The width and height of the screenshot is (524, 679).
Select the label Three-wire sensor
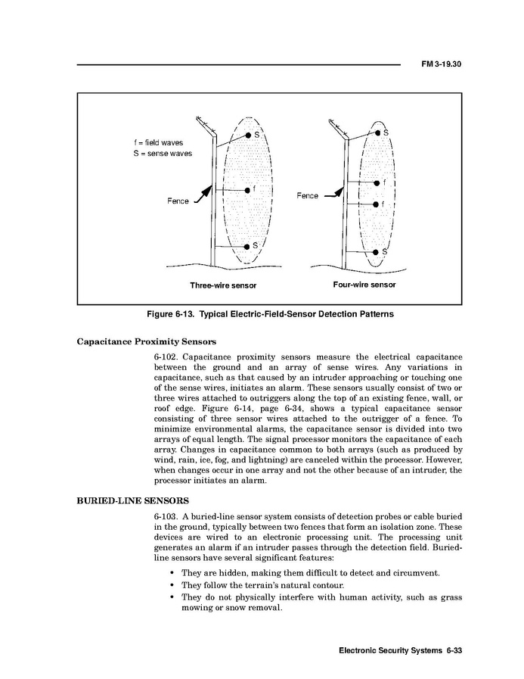(223, 285)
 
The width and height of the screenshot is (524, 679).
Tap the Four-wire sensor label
(364, 285)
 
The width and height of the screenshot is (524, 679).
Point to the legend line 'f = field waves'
(158, 142)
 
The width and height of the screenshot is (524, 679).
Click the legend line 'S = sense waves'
(162, 154)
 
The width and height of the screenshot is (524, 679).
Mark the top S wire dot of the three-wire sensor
(248, 135)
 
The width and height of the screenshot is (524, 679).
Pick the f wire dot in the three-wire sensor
(247, 190)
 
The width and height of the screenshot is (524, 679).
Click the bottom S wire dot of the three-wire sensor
(247, 247)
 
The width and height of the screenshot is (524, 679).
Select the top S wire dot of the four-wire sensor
(377, 133)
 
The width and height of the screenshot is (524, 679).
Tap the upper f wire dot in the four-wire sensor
(376, 182)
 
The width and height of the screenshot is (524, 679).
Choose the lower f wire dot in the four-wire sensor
(376, 204)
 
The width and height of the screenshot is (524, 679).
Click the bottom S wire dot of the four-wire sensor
(376, 251)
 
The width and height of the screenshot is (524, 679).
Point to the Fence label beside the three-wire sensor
(178, 201)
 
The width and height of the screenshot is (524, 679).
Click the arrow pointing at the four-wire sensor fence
(334, 195)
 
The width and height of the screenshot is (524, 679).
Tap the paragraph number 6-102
(166, 357)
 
